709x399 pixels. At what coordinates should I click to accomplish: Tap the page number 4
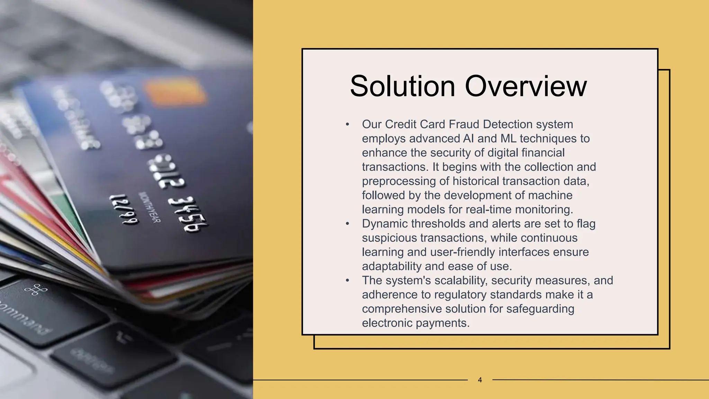[480, 380]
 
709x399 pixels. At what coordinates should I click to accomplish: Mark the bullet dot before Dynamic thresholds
[347, 224]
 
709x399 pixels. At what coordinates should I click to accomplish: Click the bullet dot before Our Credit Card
[347, 125]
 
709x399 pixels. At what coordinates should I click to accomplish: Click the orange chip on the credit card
[175, 91]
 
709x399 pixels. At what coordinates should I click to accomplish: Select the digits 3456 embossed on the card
[188, 215]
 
